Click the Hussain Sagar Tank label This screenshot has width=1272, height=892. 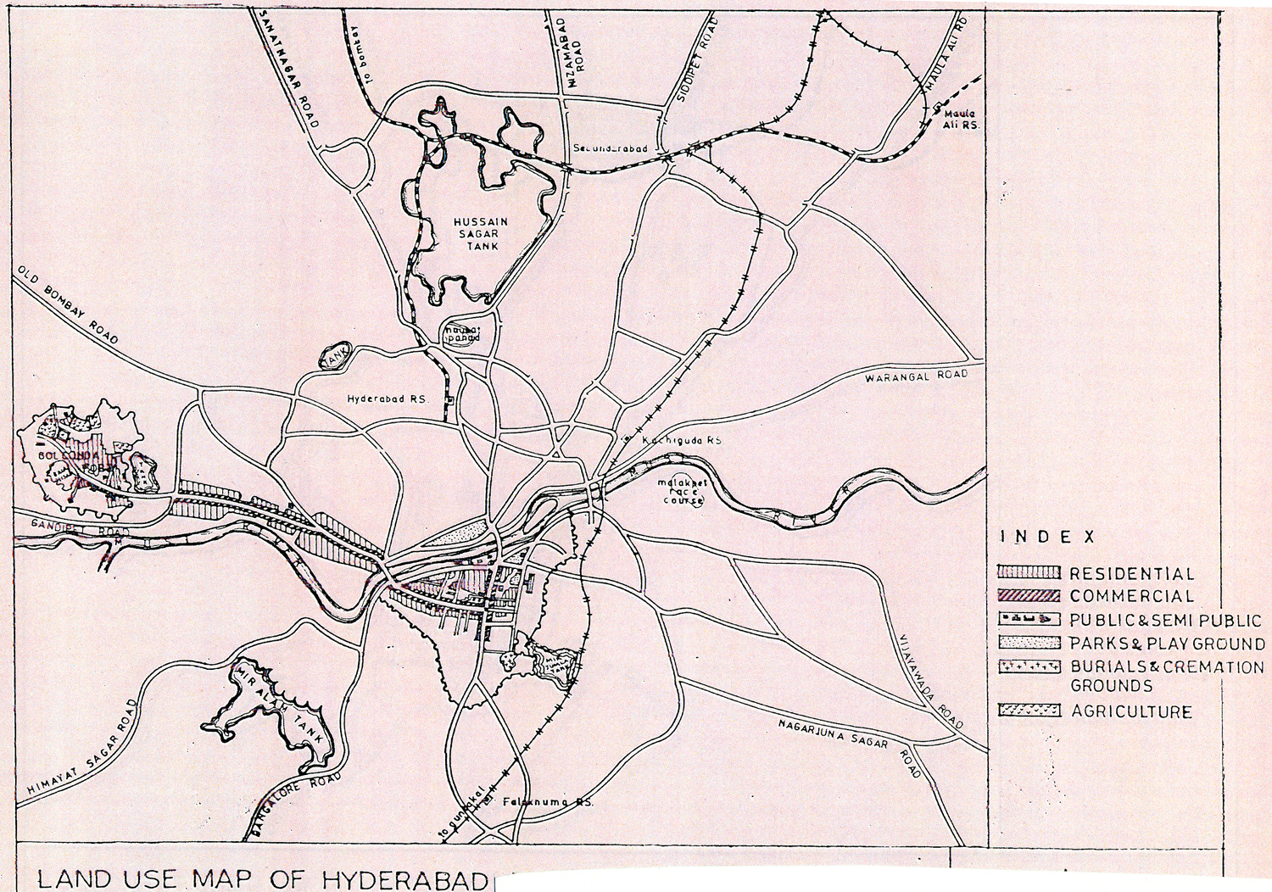pos(480,234)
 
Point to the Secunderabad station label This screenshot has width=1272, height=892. pos(610,148)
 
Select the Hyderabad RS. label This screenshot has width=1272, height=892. pos(388,399)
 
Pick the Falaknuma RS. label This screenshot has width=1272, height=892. pos(548,801)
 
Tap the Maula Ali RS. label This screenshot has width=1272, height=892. pos(960,119)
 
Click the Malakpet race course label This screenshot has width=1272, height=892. pos(683,492)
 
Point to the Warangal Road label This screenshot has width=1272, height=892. pos(916,376)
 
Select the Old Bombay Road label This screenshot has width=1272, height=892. pos(68,304)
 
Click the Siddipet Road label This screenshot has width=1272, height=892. pos(697,59)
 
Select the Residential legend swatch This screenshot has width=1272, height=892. pos(1029,573)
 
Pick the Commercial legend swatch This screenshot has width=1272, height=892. pos(1029,596)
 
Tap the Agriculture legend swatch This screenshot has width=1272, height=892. pos(1029,711)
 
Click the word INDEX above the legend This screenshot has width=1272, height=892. pos(1047,537)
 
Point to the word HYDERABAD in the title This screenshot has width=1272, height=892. pos(404,879)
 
